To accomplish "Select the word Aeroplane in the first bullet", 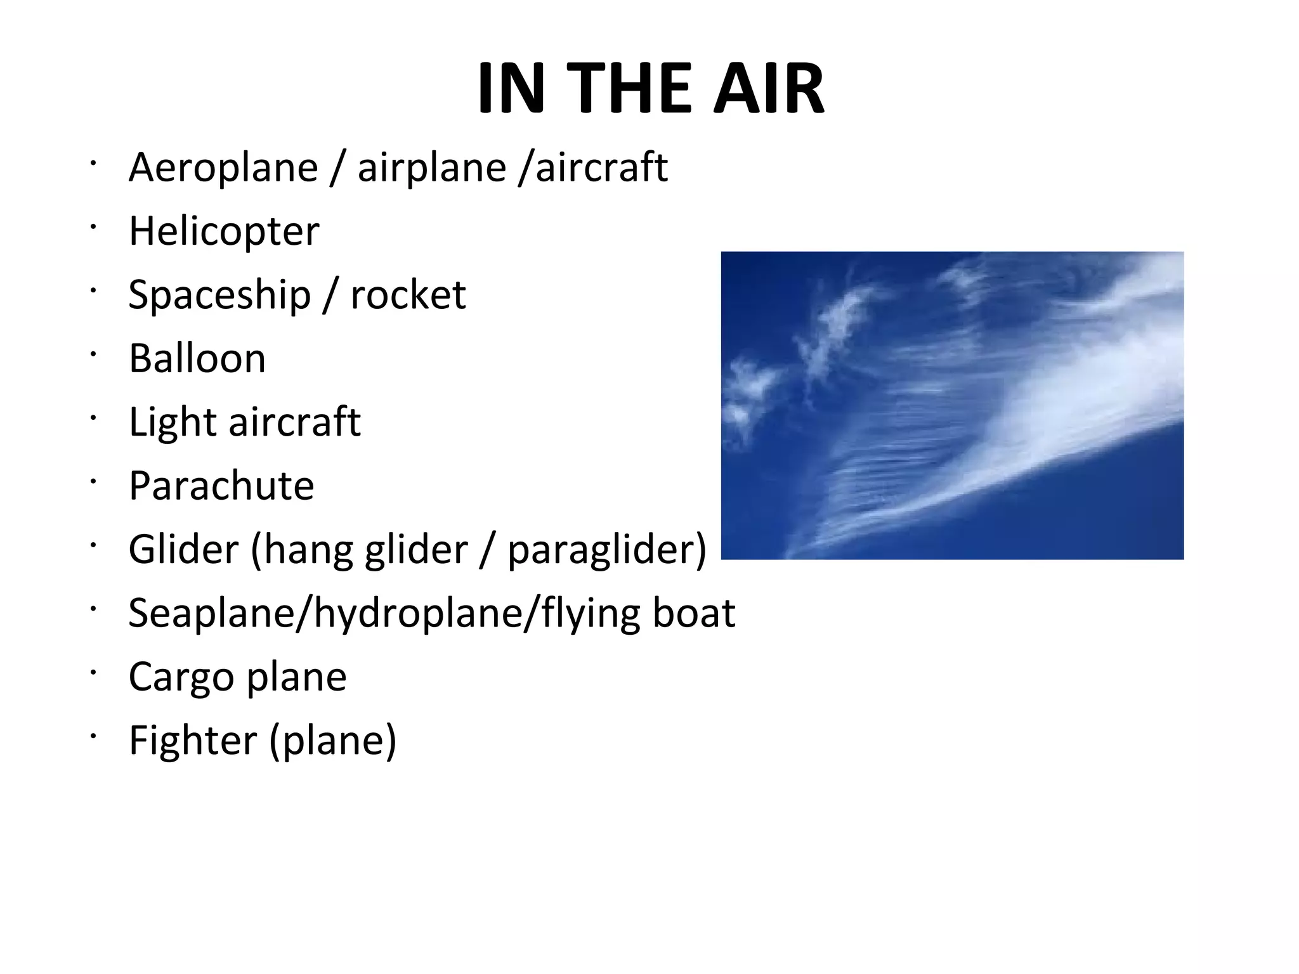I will click(x=223, y=168).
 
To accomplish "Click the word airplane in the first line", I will click(x=431, y=168).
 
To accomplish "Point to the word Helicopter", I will click(x=223, y=231).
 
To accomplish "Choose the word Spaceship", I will click(x=219, y=295).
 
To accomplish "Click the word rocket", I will click(x=408, y=295).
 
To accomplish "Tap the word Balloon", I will click(x=197, y=358).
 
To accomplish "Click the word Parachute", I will click(x=221, y=486).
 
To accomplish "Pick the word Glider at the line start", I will click(x=183, y=549).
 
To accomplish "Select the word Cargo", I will click(x=181, y=677).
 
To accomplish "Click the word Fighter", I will click(x=193, y=740).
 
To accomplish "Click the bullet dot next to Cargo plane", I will click(x=93, y=672).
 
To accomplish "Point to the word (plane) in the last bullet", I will click(x=332, y=741).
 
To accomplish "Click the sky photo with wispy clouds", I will click(x=951, y=405).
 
